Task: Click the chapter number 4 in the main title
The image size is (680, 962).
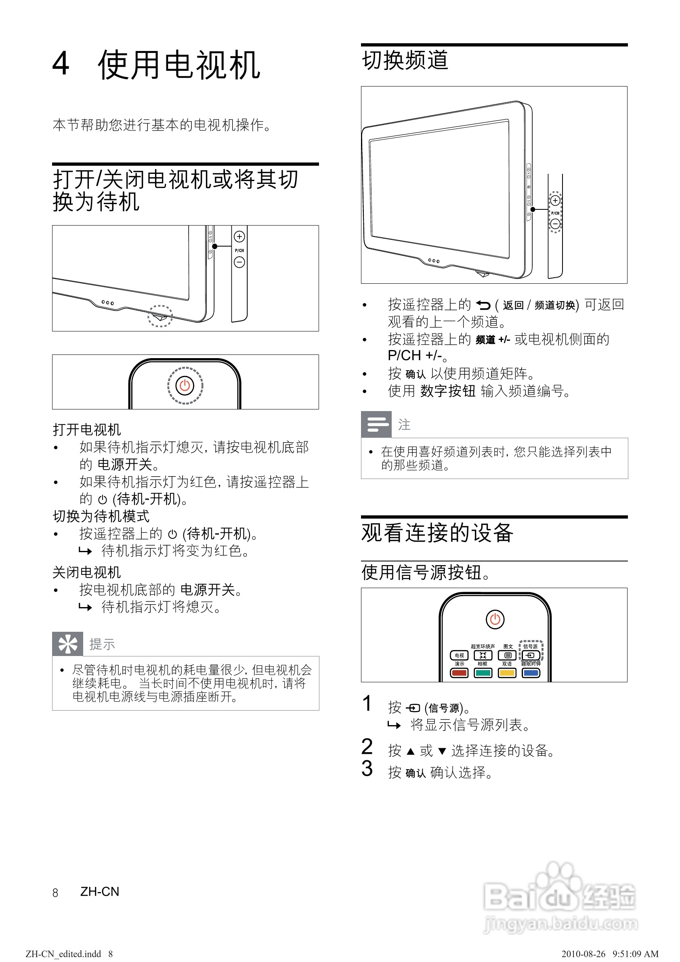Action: [61, 64]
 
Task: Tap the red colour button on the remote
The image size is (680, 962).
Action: [459, 673]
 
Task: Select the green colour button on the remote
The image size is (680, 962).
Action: [483, 673]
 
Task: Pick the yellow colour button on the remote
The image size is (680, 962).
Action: [507, 673]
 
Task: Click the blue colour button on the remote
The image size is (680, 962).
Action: [531, 673]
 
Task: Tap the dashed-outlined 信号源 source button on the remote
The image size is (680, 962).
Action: [531, 655]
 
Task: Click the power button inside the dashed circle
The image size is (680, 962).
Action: [185, 385]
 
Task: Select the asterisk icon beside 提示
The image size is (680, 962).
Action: [68, 644]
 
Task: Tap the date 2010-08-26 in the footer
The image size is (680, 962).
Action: [583, 954]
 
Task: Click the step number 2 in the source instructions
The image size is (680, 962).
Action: [367, 747]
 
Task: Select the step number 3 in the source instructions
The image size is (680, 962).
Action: [367, 768]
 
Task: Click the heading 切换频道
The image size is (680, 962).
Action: [405, 60]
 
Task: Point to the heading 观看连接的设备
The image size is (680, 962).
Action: [437, 533]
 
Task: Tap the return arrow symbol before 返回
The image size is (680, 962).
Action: [483, 305]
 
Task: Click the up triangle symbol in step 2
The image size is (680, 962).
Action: [411, 751]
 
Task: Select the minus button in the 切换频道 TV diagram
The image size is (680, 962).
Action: [555, 224]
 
